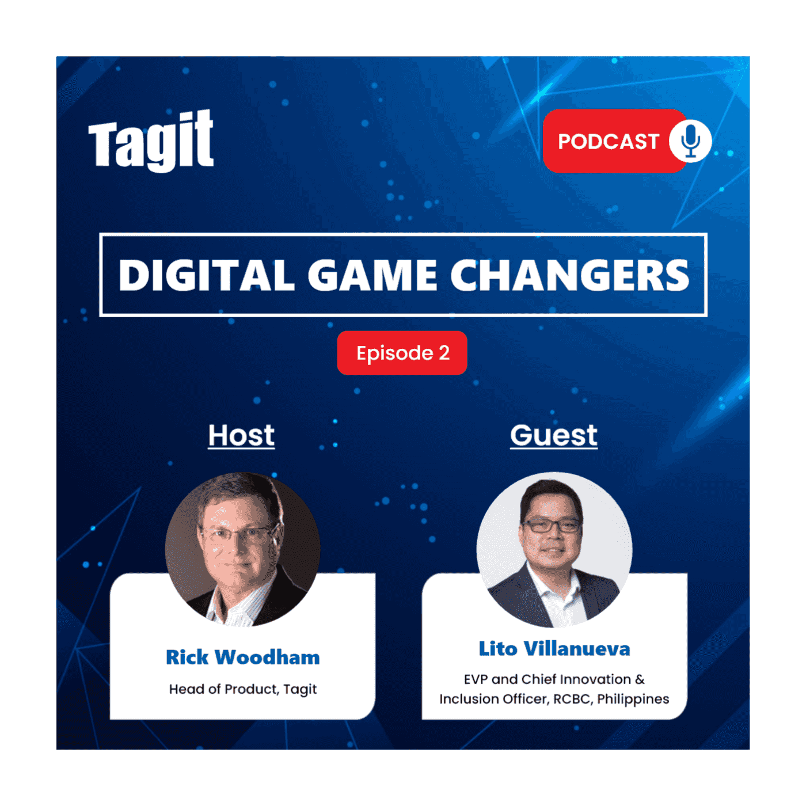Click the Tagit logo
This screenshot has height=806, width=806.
[x=151, y=141]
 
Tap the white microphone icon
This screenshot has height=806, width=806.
[x=690, y=141]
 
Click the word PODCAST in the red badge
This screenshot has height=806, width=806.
[x=608, y=142]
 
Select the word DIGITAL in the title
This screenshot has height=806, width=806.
[x=207, y=275]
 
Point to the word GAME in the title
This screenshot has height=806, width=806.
[x=372, y=275]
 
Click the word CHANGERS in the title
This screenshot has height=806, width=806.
[x=569, y=275]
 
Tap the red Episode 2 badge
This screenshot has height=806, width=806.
[x=402, y=353]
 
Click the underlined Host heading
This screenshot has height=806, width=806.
[x=241, y=435]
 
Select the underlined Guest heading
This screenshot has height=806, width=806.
[x=554, y=435]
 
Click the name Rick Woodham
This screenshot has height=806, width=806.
[x=242, y=657]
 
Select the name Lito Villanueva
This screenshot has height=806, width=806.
[x=554, y=649]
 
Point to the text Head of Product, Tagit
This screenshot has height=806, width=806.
[x=242, y=689]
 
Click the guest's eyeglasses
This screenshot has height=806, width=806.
[x=551, y=526]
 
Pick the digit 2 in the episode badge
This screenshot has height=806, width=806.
[x=444, y=353]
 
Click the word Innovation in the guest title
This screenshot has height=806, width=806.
[x=595, y=679]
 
